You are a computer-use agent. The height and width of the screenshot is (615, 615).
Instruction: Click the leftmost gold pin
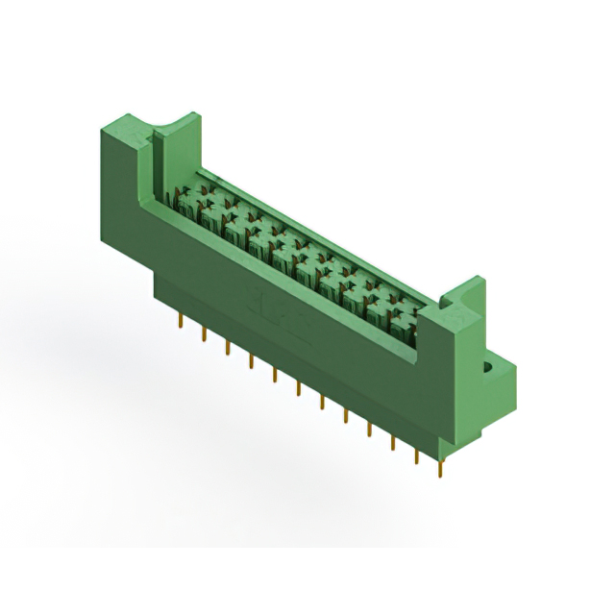coord(180,322)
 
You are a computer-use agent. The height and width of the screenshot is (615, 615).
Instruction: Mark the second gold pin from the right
coord(416,455)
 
